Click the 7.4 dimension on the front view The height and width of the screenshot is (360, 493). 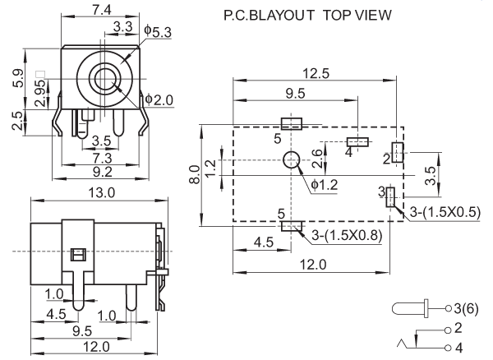[x=103, y=11]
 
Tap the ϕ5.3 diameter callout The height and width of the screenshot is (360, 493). [x=156, y=31]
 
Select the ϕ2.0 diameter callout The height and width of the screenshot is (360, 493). [x=159, y=100]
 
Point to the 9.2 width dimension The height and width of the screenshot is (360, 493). [x=103, y=172]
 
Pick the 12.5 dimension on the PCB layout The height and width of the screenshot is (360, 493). [x=315, y=73]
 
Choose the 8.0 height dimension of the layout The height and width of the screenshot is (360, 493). [x=195, y=174]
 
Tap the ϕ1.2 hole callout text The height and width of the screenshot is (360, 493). [x=325, y=183]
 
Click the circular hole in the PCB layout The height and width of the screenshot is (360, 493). [x=292, y=161]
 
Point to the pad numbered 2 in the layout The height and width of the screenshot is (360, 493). [x=396, y=152]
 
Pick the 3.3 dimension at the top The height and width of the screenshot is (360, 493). [x=123, y=27]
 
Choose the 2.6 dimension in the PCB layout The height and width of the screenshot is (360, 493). [x=319, y=152]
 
